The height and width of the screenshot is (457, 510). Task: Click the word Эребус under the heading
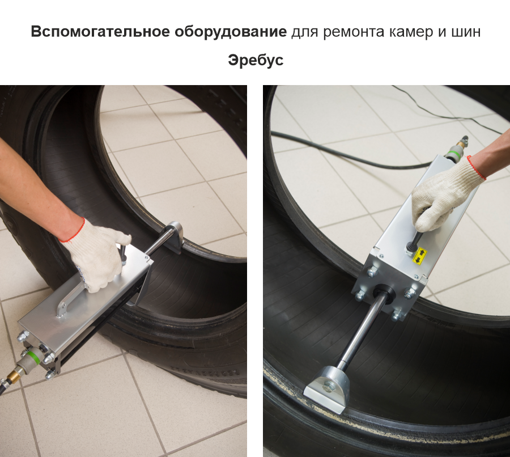(256, 60)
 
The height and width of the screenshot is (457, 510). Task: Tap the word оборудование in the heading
(231, 32)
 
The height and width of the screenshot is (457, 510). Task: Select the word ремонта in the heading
(354, 32)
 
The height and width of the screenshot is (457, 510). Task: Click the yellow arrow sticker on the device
(419, 256)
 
